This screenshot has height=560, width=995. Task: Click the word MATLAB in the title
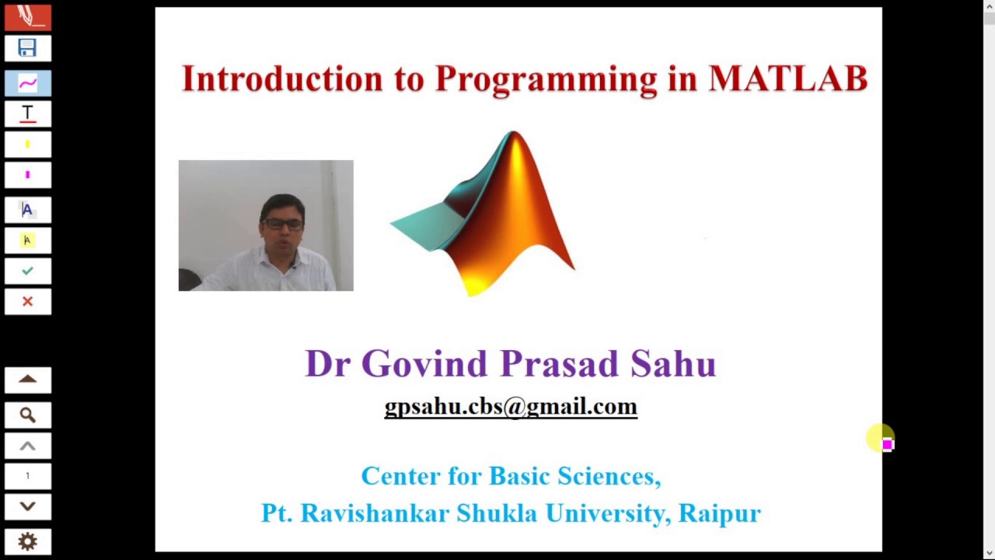click(x=787, y=79)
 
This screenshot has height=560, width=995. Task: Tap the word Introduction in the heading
click(x=282, y=79)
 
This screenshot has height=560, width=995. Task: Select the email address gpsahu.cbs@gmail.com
click(x=511, y=407)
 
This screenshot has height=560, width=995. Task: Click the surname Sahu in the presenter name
click(x=672, y=364)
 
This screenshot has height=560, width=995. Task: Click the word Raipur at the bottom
click(x=719, y=513)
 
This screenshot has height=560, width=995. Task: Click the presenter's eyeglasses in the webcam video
click(x=282, y=224)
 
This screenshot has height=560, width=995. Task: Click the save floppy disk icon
click(x=27, y=48)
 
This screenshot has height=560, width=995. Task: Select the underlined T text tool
click(x=27, y=114)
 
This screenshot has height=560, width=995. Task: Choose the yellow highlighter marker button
click(x=27, y=145)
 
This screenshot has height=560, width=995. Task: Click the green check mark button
click(x=27, y=271)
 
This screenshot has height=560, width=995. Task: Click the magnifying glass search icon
click(x=27, y=415)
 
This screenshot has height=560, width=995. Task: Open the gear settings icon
click(x=27, y=541)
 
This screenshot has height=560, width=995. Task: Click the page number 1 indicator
click(x=27, y=476)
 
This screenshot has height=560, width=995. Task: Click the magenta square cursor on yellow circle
click(x=887, y=444)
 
